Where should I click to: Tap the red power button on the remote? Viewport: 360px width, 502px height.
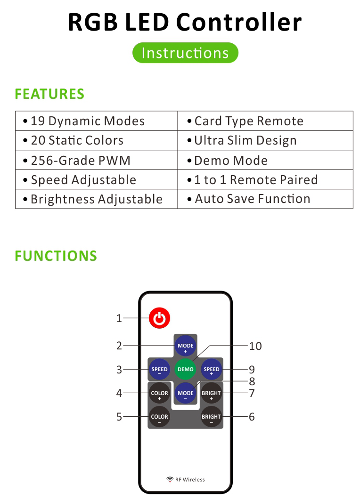(x=159, y=318)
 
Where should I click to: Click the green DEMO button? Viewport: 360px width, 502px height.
(x=186, y=369)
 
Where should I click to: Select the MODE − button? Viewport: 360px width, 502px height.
(x=186, y=393)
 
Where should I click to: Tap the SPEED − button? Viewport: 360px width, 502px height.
(x=159, y=369)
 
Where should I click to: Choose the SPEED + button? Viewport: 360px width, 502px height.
(x=212, y=369)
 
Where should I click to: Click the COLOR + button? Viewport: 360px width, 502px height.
(x=159, y=393)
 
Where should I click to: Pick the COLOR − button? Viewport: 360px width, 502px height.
(x=159, y=417)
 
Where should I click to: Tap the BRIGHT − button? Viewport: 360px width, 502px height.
(x=212, y=417)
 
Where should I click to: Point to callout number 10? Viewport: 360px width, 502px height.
(x=255, y=346)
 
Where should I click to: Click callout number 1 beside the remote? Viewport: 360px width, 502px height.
(x=119, y=318)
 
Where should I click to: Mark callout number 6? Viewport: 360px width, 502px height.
(x=252, y=417)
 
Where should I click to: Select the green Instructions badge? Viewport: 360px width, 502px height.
(x=185, y=53)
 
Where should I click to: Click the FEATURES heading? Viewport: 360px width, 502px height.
(x=49, y=94)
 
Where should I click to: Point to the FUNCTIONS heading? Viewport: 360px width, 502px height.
(x=56, y=256)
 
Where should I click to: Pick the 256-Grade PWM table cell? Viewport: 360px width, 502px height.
(x=97, y=160)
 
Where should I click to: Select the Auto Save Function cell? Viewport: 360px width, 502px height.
(x=265, y=199)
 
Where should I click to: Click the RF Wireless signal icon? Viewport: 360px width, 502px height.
(x=170, y=479)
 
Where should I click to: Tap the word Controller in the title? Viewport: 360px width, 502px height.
(x=239, y=22)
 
